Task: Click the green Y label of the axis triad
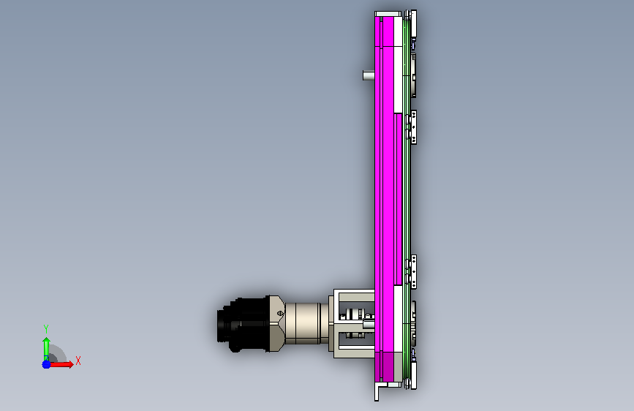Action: (46, 328)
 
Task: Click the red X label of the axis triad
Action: (78, 361)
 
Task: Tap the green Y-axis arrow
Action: (46, 348)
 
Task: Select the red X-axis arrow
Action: (61, 364)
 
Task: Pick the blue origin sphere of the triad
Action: (46, 364)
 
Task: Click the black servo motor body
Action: (243, 325)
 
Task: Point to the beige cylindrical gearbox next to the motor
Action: (306, 324)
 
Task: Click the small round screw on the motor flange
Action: (280, 313)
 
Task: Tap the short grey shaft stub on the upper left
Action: (369, 75)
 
